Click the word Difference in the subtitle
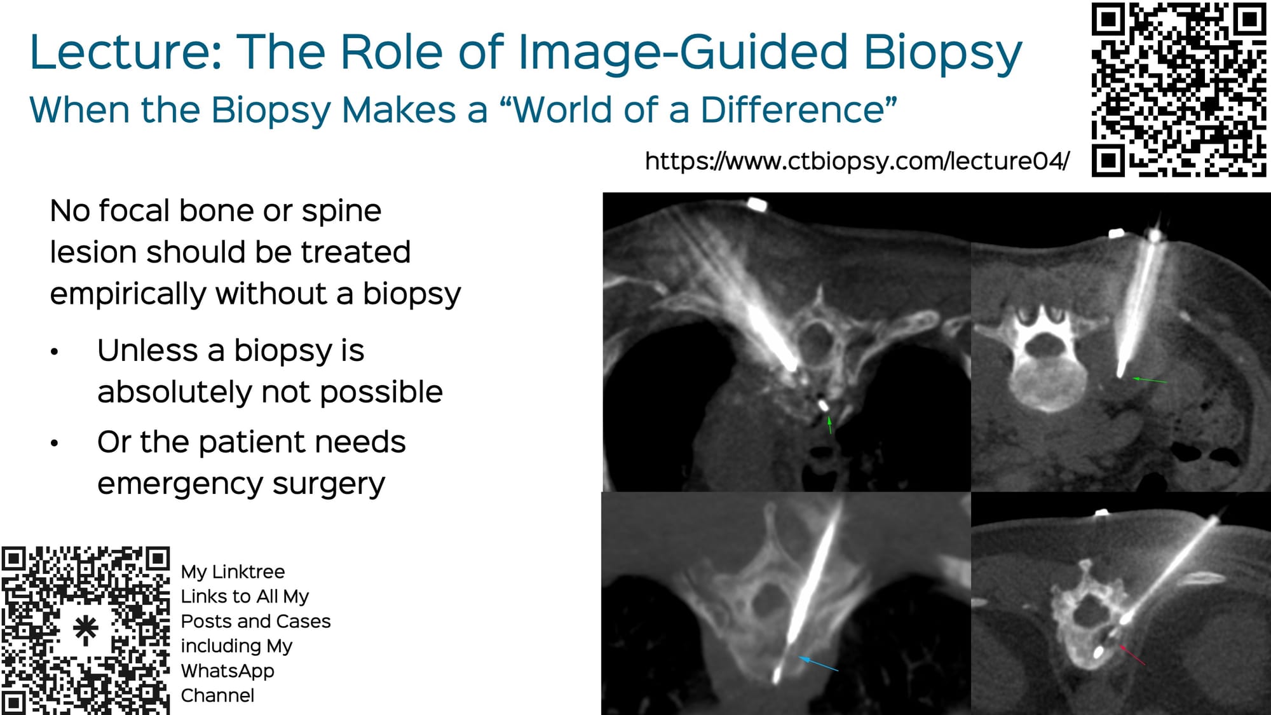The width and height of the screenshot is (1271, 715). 798,110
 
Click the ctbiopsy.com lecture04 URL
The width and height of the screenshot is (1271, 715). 857,161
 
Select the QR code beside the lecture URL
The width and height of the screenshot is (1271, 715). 1179,90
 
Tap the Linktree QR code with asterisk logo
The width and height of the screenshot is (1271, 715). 85,630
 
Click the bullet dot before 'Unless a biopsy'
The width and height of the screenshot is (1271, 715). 55,351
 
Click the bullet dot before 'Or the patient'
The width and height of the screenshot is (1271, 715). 55,443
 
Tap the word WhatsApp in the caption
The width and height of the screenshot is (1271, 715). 227,671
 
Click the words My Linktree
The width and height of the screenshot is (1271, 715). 233,571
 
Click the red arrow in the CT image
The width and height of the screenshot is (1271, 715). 1132,655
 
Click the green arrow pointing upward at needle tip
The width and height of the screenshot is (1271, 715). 829,425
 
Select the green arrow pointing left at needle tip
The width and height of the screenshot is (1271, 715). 1149,380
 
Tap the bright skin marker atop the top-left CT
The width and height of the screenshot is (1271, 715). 756,204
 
